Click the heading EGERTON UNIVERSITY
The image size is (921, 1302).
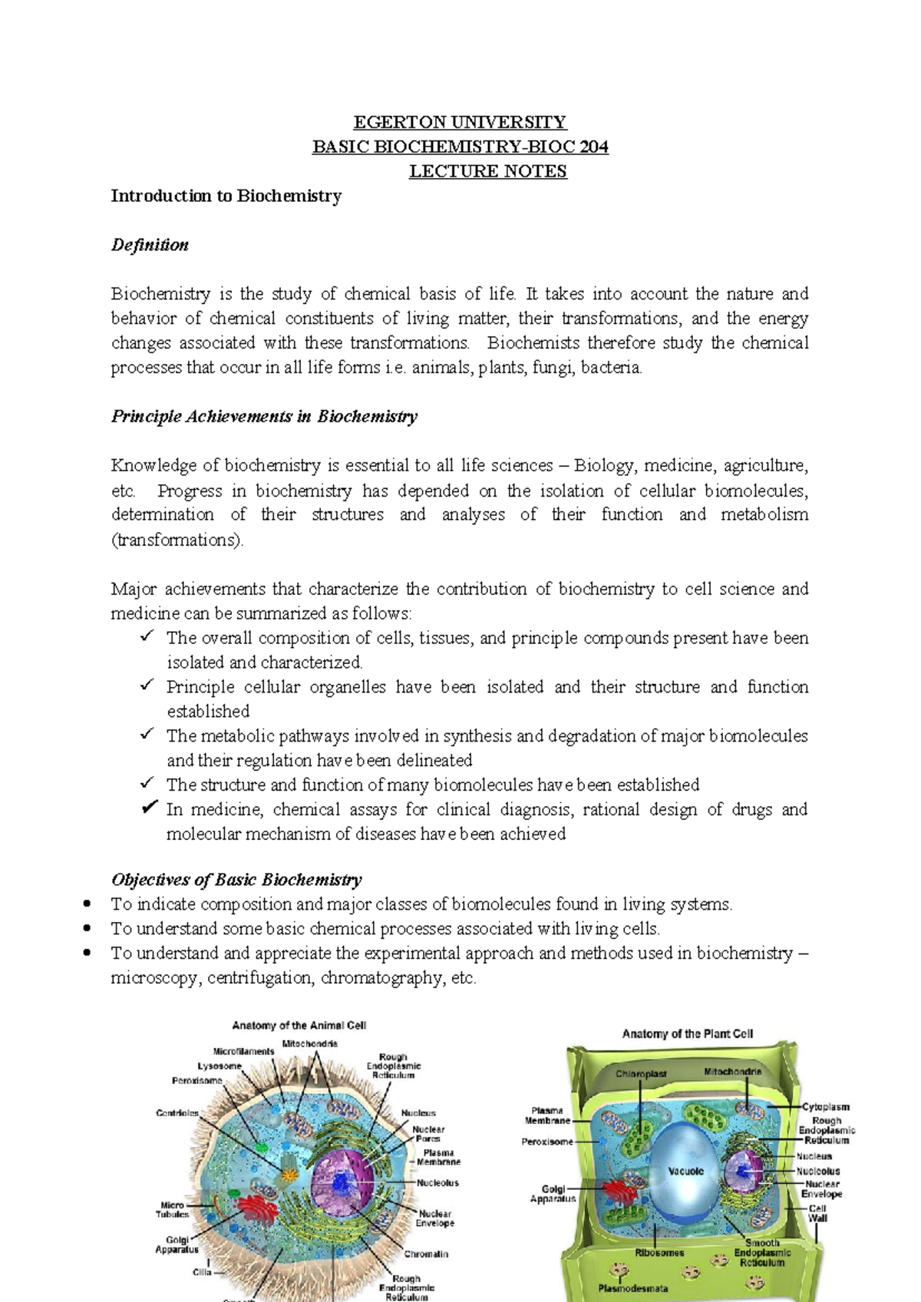coord(459,122)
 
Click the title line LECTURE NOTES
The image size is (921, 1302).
coord(487,171)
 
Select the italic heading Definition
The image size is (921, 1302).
coord(150,245)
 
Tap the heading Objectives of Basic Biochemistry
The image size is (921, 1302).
coord(236,880)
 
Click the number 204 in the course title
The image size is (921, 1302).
coord(594,147)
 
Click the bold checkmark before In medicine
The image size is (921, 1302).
coord(150,808)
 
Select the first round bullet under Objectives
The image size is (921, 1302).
coord(88,904)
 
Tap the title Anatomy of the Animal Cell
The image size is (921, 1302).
coord(299,1026)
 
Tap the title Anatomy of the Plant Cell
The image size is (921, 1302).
coord(687,1034)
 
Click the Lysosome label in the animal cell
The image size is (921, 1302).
coord(220,1066)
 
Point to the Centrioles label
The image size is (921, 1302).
coord(177,1113)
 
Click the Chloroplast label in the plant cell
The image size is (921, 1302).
coord(641,1074)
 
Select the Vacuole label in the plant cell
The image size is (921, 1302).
coord(685,1171)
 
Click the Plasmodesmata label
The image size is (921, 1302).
coord(633,1289)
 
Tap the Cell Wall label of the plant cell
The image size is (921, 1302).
coord(818,1213)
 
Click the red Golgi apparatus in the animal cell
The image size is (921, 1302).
coord(258,1208)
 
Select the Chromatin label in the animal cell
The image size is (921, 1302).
coord(426,1254)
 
